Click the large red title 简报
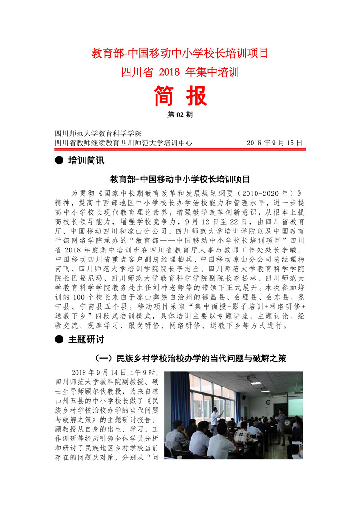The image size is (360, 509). click(x=180, y=96)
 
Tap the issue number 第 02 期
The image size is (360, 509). click(x=180, y=115)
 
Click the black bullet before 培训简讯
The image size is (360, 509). click(x=58, y=160)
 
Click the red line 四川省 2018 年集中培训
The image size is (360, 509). click(x=180, y=72)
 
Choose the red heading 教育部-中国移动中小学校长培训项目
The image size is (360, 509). click(x=180, y=53)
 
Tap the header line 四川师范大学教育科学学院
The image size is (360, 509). click(x=98, y=134)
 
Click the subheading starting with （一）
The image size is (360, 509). click(x=192, y=359)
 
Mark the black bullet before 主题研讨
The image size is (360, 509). click(x=58, y=340)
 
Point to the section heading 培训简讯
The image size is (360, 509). click(x=85, y=160)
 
